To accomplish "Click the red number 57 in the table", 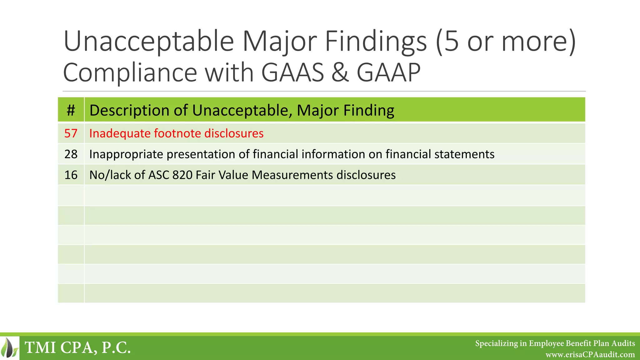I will [x=71, y=133].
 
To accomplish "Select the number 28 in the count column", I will [x=71, y=154].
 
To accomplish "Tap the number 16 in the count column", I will [x=71, y=175].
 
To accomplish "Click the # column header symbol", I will [x=71, y=110].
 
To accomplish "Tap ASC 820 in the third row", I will [x=170, y=175].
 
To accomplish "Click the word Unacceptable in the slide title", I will [x=149, y=42].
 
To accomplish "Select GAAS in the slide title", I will [x=292, y=72].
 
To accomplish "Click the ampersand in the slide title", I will [x=340, y=72].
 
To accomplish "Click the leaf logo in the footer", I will [x=9, y=348].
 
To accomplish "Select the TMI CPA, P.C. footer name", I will [x=77, y=348].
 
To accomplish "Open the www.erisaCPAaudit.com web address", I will [x=590, y=355].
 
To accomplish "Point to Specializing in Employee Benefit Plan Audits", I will [x=555, y=343].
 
